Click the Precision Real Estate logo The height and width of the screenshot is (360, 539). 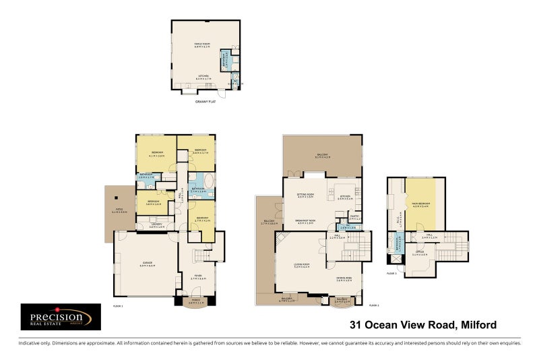pyautogui.click(x=61, y=317)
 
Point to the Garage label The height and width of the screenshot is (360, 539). pyautogui.click(x=147, y=263)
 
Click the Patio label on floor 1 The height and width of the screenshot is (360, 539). pyautogui.click(x=119, y=212)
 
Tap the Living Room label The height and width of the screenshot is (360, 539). pyautogui.click(x=300, y=266)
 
